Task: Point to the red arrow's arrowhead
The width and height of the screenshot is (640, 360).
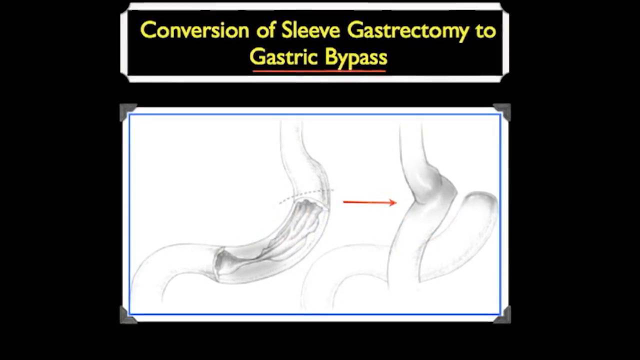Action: point(393,202)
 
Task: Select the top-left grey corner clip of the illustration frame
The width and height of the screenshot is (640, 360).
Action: point(128,112)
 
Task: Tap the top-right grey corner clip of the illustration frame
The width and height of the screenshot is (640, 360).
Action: point(502,112)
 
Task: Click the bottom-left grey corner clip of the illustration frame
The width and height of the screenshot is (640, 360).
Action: point(128,315)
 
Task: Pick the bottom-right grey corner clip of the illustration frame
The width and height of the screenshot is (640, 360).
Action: point(502,315)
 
